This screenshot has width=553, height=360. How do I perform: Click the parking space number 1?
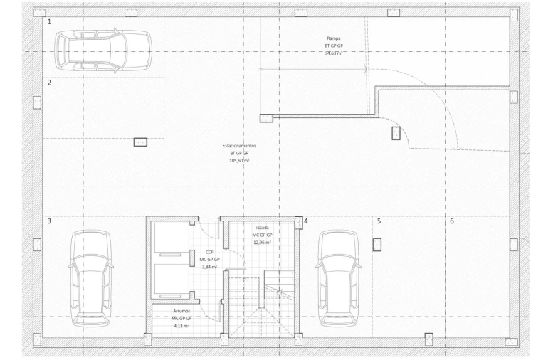pyautogui.click(x=49, y=22)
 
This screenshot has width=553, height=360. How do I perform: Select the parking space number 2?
pyautogui.click(x=49, y=83)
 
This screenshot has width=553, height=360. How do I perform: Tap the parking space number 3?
pyautogui.click(x=49, y=221)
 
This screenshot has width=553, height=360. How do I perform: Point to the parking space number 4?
pyautogui.click(x=306, y=221)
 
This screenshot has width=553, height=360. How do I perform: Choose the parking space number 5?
pyautogui.click(x=379, y=221)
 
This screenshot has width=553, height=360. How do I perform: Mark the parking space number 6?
pyautogui.click(x=452, y=221)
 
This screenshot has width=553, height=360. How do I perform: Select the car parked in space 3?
pyautogui.click(x=91, y=277)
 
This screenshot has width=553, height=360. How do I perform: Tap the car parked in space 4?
pyautogui.click(x=339, y=277)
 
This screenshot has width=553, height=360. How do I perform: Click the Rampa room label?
pyautogui.click(x=334, y=38)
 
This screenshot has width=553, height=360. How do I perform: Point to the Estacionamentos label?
pyautogui.click(x=239, y=145)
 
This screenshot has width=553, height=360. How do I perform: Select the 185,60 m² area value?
pyautogui.click(x=239, y=161)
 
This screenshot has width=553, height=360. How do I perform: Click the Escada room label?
pyautogui.click(x=262, y=227)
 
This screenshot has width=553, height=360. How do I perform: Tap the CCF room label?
pyautogui.click(x=209, y=252)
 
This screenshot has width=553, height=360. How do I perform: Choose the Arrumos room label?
pyautogui.click(x=182, y=311)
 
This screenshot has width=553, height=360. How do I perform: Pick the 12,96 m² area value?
pyautogui.click(x=262, y=243)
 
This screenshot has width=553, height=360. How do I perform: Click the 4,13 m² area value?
pyautogui.click(x=182, y=326)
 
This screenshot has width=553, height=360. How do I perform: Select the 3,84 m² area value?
pyautogui.click(x=209, y=267)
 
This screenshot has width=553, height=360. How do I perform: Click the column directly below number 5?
pyautogui.click(x=378, y=245)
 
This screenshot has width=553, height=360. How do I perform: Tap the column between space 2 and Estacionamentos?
pyautogui.click(x=140, y=142)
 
